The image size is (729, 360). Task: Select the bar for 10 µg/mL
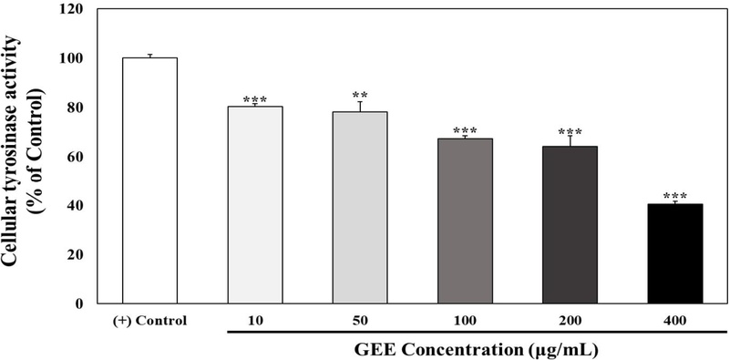coord(255,205)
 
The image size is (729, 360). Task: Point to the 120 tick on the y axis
coord(76,9)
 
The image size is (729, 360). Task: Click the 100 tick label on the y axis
coord(76,58)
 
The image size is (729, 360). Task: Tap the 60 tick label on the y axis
coord(79,157)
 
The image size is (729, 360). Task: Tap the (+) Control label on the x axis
coord(150,321)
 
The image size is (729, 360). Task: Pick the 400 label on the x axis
coord(675,321)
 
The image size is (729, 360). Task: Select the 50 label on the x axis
coord(360,321)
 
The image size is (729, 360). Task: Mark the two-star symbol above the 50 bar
coord(360,95)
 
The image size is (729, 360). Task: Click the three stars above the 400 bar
coord(675,196)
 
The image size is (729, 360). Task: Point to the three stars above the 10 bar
coord(255,99)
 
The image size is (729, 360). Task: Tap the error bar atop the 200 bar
coord(570,139)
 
